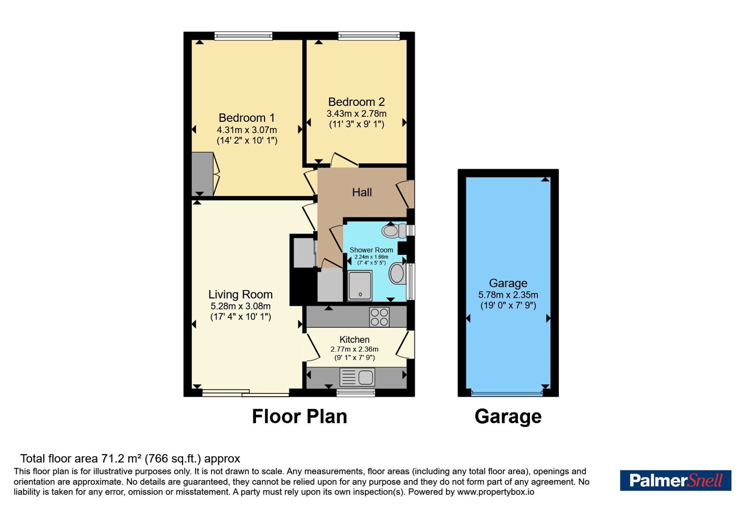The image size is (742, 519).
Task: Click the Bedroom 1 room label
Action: (247, 118)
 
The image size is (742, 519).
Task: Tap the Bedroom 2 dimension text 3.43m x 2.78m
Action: (357, 114)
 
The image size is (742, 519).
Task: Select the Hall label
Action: (362, 192)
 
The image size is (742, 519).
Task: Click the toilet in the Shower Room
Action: (394, 231)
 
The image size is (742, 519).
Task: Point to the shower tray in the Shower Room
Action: (360, 285)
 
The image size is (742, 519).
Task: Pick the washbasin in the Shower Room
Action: (398, 273)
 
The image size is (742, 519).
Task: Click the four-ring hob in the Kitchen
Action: (379, 317)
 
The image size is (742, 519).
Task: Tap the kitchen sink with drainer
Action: (357, 377)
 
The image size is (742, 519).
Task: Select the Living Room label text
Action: (241, 294)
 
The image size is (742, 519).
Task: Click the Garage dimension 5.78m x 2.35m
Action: (508, 295)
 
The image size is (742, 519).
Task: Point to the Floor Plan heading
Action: (300, 417)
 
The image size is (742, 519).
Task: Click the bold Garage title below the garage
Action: (508, 417)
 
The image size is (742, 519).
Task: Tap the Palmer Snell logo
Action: (676, 480)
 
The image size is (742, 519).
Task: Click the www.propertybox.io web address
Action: (496, 492)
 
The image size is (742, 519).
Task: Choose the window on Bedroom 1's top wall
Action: (243, 36)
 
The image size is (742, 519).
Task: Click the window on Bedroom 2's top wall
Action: (369, 36)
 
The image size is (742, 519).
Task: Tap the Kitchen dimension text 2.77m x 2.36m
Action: (354, 349)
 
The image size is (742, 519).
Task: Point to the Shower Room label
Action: (371, 250)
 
